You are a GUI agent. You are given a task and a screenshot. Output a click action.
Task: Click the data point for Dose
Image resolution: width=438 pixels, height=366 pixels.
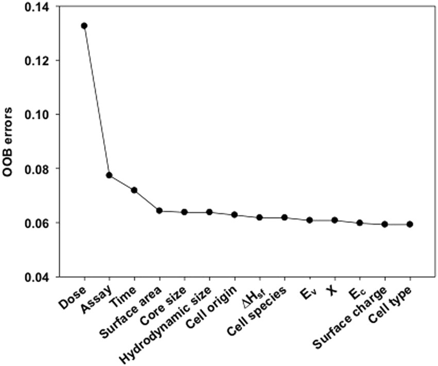click(x=84, y=26)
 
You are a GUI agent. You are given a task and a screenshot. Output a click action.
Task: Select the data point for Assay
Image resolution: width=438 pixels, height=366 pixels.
click(x=109, y=175)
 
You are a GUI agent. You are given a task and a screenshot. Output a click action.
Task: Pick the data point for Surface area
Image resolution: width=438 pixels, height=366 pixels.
click(x=159, y=211)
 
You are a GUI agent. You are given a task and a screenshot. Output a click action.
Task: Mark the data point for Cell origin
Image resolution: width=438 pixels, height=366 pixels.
click(x=234, y=215)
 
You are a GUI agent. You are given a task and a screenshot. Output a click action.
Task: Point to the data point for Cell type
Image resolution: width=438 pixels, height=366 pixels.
click(x=410, y=224)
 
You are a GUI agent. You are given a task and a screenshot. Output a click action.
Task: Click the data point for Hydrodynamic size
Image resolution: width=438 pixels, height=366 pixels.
click(x=209, y=212)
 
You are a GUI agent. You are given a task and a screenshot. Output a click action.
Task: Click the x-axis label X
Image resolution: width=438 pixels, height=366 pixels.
click(x=331, y=291)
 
